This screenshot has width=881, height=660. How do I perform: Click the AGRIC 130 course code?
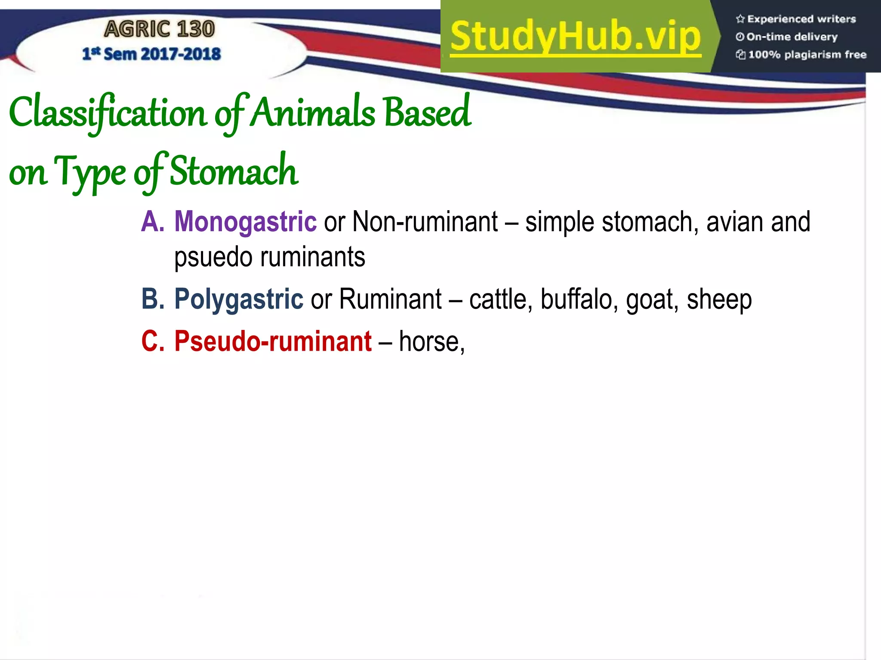pyautogui.click(x=159, y=29)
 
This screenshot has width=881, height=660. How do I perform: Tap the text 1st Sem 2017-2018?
pyautogui.click(x=151, y=54)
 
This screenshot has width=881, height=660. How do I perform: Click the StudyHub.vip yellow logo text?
pyautogui.click(x=576, y=37)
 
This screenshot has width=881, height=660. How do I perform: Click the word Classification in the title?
pyautogui.click(x=108, y=113)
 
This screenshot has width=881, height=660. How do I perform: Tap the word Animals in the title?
pyautogui.click(x=313, y=113)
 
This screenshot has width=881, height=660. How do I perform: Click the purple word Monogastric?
pyautogui.click(x=245, y=222)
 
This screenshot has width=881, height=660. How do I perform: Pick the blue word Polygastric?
pyautogui.click(x=239, y=299)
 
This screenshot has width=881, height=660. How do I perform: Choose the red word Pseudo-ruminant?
pyautogui.click(x=273, y=341)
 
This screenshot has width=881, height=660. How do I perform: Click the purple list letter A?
pyautogui.click(x=152, y=222)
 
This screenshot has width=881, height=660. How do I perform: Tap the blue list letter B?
pyautogui.click(x=152, y=299)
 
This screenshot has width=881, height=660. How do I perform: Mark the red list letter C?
pyautogui.click(x=152, y=341)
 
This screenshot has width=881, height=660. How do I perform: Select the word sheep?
pyautogui.click(x=719, y=299)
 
